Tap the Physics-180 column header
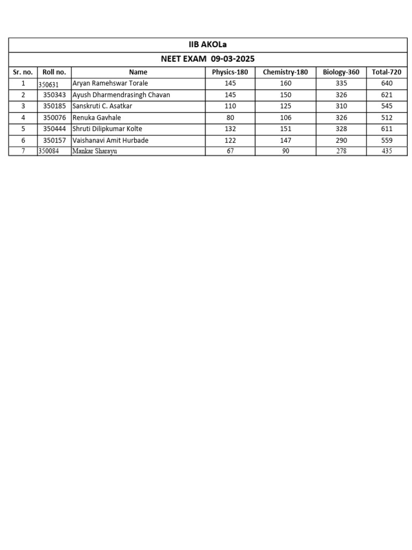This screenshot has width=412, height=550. [230, 72]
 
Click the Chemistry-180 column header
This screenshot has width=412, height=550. [285, 72]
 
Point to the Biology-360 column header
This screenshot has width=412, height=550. [341, 72]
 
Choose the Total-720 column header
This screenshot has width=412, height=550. [387, 72]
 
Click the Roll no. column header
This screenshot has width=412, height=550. [54, 72]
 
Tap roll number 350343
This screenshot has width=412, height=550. [55, 95]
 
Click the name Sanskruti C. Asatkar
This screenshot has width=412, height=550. [102, 106]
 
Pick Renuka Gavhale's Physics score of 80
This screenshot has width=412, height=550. [230, 118]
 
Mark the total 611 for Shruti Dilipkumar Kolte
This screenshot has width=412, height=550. [387, 129]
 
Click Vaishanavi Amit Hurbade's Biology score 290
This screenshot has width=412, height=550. [341, 140]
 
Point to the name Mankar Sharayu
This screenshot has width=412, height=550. [94, 151]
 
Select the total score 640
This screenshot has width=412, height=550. [387, 83]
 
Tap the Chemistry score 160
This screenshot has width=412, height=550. [285, 83]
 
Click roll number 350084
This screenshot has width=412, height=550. [48, 151]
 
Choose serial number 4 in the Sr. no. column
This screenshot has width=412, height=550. [23, 118]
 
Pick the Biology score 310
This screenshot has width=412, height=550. [341, 106]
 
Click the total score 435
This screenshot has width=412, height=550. [387, 151]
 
